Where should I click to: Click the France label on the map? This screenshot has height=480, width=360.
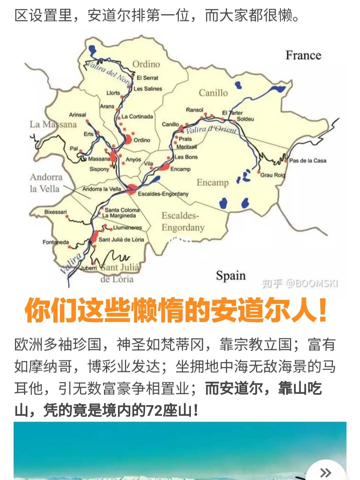pos(303,55)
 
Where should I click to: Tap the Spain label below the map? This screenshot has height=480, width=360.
pos(231,276)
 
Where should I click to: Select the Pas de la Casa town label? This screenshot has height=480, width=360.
pos(307,161)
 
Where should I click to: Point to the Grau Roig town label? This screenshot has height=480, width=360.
pos(273,175)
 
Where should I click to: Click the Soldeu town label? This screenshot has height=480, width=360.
pos(245,119)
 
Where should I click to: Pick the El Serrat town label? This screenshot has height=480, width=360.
pos(147,78)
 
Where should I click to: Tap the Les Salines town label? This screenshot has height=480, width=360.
pos(148,89)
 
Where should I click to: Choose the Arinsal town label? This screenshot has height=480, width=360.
pos(77,115)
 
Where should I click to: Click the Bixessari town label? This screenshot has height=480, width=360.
pos(55,212)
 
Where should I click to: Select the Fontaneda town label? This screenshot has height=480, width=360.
pos(56,242)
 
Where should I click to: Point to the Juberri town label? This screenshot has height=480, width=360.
pos(89,268)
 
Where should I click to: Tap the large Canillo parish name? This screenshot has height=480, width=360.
pos(213,93)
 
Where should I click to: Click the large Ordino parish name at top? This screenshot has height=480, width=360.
pos(146,64)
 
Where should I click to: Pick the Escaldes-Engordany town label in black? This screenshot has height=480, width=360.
pos(163,194)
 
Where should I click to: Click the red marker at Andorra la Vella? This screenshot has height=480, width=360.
pos(132,189)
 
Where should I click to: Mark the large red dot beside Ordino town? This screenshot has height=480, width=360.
pos(128,139)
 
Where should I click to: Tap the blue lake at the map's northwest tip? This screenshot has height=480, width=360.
pos(92,50)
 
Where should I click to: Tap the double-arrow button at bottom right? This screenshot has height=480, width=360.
pos(325,472)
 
